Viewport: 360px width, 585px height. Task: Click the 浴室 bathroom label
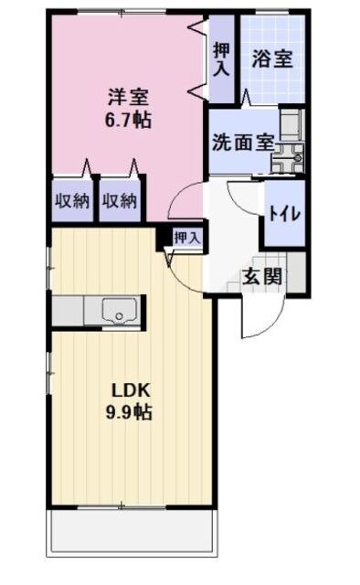click(271, 59)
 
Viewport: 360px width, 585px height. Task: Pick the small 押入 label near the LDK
click(186, 238)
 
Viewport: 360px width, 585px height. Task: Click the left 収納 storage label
click(69, 199)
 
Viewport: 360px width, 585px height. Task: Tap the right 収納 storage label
click(119, 199)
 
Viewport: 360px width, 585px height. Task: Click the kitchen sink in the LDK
click(117, 312)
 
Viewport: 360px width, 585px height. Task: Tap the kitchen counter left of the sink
click(73, 312)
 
